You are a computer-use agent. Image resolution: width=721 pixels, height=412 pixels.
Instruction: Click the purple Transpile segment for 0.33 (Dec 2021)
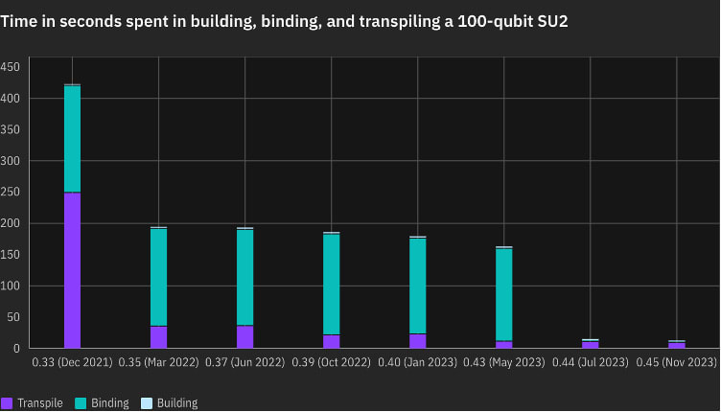pyautogui.click(x=72, y=270)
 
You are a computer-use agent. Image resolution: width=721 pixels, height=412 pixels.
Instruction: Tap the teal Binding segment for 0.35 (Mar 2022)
pyautogui.click(x=158, y=277)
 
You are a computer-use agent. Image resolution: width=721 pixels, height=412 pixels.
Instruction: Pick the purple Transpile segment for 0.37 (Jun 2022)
pyautogui.click(x=244, y=336)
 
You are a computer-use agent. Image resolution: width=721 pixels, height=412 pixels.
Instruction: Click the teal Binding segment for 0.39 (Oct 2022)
pyautogui.click(x=331, y=284)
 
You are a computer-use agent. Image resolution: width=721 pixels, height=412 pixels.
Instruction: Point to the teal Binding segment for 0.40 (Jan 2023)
pyautogui.click(x=417, y=286)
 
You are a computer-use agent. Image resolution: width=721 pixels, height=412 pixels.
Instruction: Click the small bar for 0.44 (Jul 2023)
pyautogui.click(x=590, y=344)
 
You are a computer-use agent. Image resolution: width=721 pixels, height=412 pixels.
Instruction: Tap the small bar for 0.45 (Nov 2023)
pyautogui.click(x=677, y=344)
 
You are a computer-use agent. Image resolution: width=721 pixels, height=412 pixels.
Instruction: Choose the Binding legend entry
pyautogui.click(x=103, y=403)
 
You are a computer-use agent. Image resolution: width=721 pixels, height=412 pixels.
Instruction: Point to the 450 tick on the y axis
pyautogui.click(x=10, y=67)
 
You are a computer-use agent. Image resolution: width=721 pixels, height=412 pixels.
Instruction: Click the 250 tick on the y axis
pyautogui.click(x=10, y=192)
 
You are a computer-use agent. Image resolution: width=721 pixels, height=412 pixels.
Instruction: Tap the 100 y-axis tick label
pyautogui.click(x=10, y=286)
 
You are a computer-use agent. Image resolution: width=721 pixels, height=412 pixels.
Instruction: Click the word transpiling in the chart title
pyautogui.click(x=389, y=22)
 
